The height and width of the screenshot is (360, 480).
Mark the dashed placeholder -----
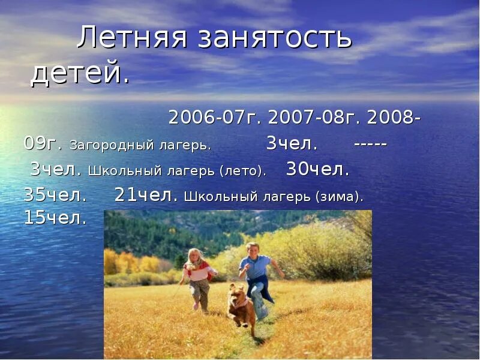pyautogui.click(x=370, y=145)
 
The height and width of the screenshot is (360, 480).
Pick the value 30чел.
pyautogui.click(x=317, y=170)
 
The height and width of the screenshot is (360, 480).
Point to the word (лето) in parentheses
pyautogui.click(x=242, y=172)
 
